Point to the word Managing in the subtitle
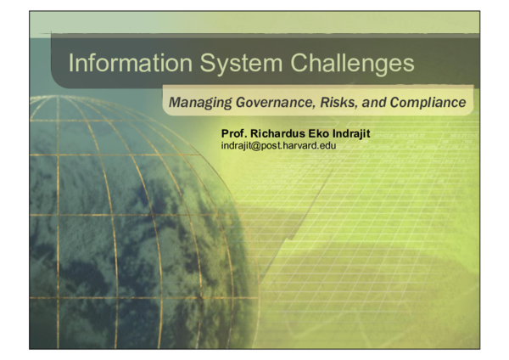(198, 103)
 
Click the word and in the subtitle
(376, 103)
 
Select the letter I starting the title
(70, 63)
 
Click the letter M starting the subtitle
(175, 103)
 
